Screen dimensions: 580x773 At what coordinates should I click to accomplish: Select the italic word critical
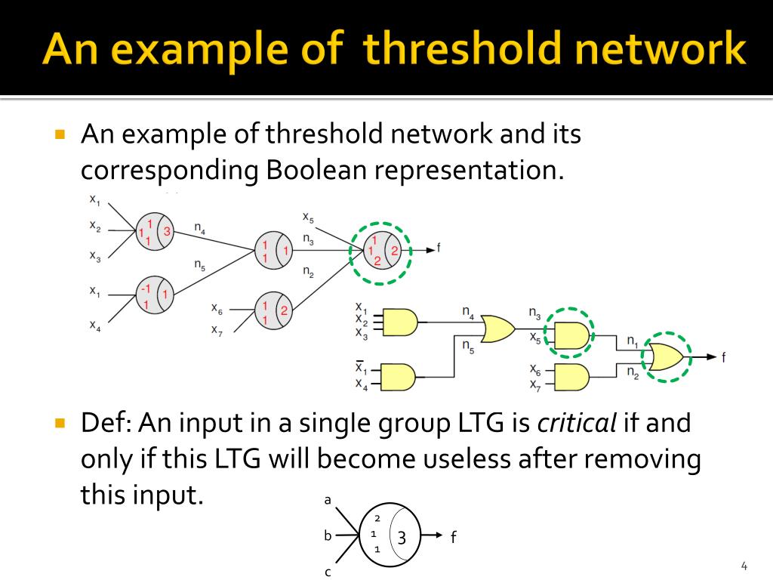click(x=577, y=423)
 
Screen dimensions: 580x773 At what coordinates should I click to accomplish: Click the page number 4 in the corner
click(x=744, y=566)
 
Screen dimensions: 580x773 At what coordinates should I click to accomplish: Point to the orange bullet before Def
click(x=61, y=422)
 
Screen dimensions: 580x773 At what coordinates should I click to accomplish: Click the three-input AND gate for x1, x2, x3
click(x=401, y=321)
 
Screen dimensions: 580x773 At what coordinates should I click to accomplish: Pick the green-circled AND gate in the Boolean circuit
click(x=571, y=333)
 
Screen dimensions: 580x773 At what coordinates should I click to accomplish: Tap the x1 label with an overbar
click(x=362, y=369)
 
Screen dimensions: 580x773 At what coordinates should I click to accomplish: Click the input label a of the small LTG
click(x=328, y=500)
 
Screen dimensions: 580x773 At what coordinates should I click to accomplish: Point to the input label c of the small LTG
click(x=328, y=572)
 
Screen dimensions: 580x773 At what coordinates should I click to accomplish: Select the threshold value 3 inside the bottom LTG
click(x=402, y=538)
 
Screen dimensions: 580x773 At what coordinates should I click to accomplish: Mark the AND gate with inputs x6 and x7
click(x=571, y=375)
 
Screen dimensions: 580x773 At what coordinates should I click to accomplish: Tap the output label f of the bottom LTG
click(x=453, y=538)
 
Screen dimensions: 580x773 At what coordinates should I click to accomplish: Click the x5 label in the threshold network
click(x=308, y=217)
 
